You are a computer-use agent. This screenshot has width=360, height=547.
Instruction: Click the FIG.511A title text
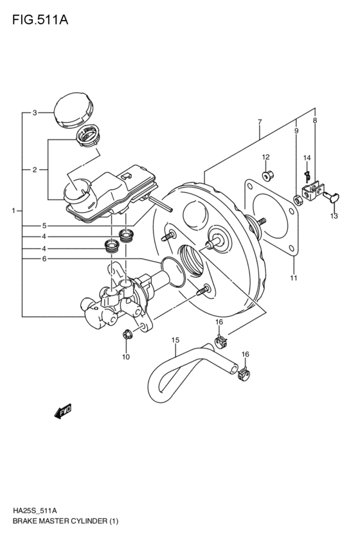[x=39, y=19]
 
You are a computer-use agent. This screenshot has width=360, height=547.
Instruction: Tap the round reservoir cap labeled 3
[x=72, y=111]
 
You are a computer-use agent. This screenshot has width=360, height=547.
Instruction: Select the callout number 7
[x=259, y=122]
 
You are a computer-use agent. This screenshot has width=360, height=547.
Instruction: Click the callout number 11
[x=292, y=278]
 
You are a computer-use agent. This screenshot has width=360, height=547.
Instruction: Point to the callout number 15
[x=174, y=340]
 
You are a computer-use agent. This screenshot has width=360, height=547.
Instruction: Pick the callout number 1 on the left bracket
[x=13, y=210]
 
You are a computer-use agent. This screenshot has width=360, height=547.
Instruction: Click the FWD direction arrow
[x=63, y=411]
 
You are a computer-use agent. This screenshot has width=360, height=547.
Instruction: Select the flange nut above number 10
[x=126, y=333]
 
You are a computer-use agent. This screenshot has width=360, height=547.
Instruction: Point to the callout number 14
[x=307, y=158]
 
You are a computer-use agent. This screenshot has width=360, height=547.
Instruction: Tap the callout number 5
[x=44, y=226]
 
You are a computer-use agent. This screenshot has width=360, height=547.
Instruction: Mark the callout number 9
[x=296, y=131]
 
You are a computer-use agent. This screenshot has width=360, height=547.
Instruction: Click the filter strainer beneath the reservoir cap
[x=87, y=136]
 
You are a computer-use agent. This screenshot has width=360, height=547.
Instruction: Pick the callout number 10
[x=126, y=357]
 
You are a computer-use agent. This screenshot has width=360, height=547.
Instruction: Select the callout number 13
[x=334, y=217]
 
